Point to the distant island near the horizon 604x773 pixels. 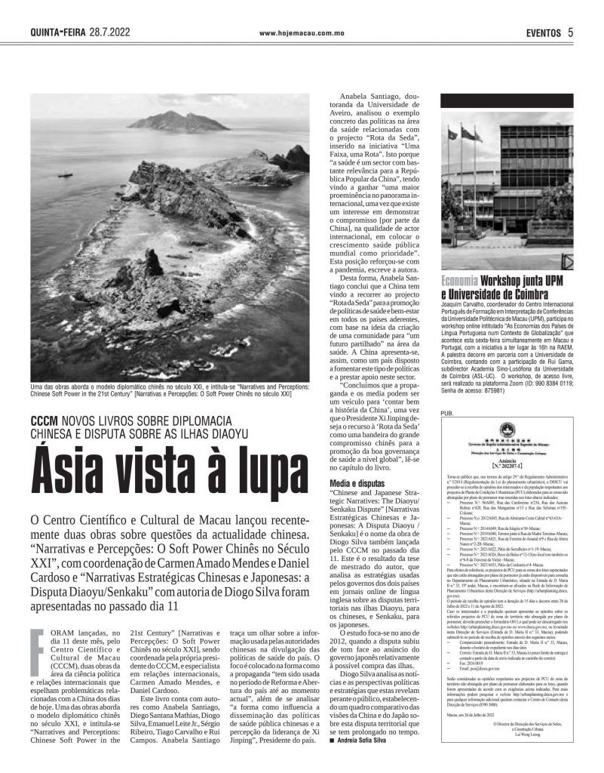[x=167, y=121]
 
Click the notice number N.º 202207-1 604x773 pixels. [x=507, y=467]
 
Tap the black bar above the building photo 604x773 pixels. [x=507, y=101]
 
